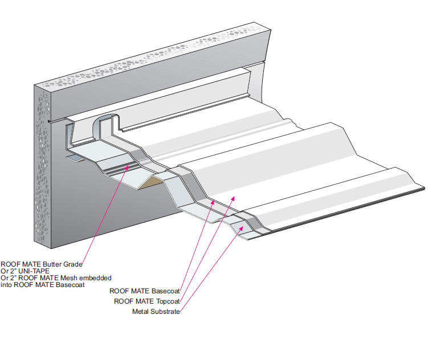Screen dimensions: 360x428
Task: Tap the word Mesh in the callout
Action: point(72,278)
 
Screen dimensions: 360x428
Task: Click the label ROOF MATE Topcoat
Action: point(147,301)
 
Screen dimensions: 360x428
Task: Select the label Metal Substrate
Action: point(156,312)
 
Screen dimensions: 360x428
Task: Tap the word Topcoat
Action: point(168,301)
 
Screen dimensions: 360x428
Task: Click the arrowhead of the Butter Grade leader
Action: point(136,167)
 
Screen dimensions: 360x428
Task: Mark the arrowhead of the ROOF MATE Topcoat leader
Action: point(233,197)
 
